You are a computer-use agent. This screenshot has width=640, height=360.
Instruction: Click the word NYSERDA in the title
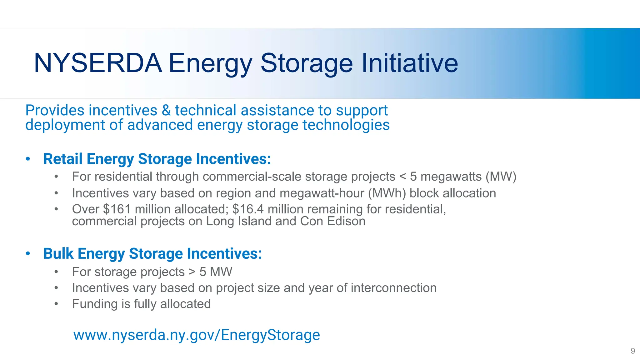[x=98, y=63]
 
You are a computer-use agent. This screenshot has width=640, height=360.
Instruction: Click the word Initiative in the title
[x=410, y=63]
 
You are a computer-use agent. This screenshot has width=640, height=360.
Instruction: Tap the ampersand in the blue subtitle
[x=166, y=111]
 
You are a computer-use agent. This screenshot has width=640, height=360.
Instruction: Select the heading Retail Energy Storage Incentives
[x=157, y=159]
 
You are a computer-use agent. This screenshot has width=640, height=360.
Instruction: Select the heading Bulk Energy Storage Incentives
[x=152, y=253]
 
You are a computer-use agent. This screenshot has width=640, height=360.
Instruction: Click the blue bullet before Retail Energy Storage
[x=28, y=159]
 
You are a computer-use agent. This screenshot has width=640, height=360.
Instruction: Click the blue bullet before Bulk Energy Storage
[x=28, y=254]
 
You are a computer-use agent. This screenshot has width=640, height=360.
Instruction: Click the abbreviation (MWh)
[x=387, y=193]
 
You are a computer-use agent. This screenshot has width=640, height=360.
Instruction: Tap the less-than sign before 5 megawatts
[x=402, y=177]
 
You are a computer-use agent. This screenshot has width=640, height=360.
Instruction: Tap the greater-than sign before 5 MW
[x=192, y=272]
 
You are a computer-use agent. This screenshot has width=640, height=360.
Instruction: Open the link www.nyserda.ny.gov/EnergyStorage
[x=197, y=335]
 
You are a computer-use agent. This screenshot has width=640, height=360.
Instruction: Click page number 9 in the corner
[x=632, y=351]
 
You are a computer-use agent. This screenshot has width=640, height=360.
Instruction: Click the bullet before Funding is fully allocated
[x=56, y=304]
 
